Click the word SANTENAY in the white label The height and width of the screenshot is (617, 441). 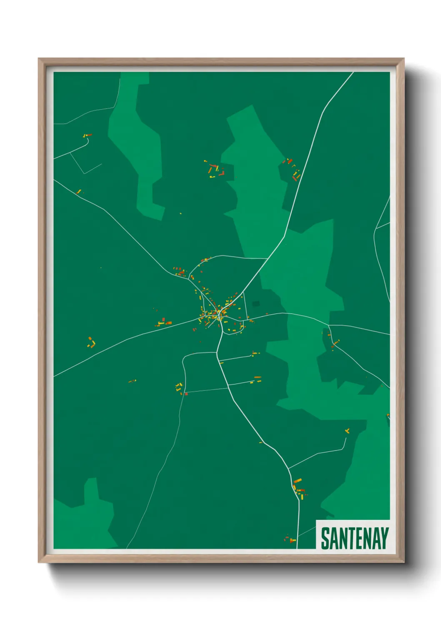tap(354, 538)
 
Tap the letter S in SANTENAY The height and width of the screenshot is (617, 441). tap(324, 538)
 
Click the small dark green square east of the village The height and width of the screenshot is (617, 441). tap(256, 303)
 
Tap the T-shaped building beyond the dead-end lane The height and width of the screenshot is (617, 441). tap(347, 431)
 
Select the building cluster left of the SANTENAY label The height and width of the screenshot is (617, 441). tap(290, 540)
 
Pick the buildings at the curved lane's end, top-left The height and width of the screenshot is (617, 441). tap(87, 135)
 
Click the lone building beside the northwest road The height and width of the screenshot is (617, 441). tap(78, 192)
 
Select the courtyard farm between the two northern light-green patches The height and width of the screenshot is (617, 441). tap(216, 171)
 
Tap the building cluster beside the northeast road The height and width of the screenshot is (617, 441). tap(293, 169)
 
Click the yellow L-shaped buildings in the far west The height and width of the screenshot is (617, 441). tap(91, 343)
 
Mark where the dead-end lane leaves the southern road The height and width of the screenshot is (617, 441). tap(288, 468)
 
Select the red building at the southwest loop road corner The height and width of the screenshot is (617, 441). tap(186, 393)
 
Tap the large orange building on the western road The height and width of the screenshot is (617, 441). tap(168, 322)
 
